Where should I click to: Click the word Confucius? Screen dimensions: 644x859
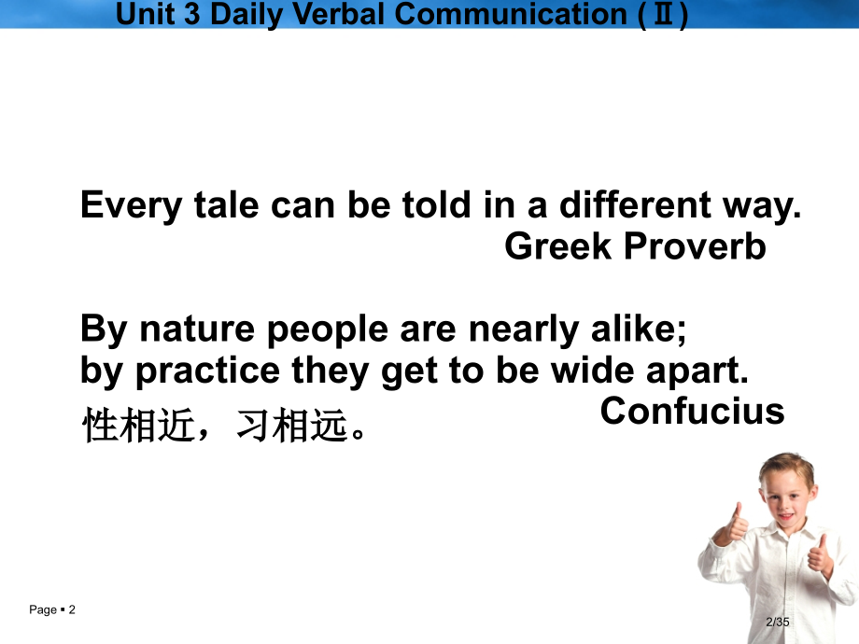pyautogui.click(x=692, y=412)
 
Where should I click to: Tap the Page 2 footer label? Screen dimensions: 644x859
pyautogui.click(x=52, y=610)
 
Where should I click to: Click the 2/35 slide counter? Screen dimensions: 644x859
pyautogui.click(x=777, y=623)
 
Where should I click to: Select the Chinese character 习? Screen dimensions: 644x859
pyautogui.click(x=252, y=426)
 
